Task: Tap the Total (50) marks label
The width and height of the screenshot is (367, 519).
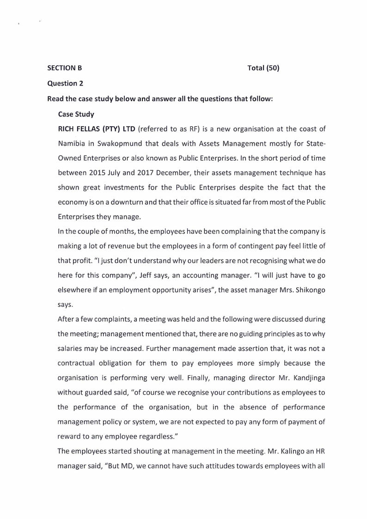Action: tap(263, 68)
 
